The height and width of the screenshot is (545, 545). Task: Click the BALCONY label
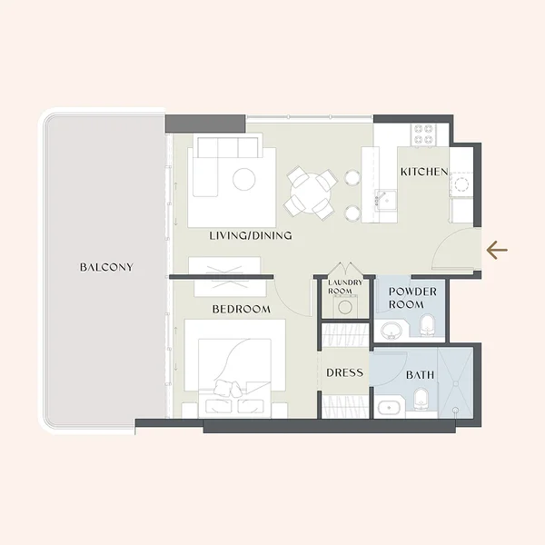[x=106, y=267]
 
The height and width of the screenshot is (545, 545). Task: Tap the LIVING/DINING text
[x=251, y=235]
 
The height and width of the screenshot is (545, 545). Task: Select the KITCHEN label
[x=424, y=172]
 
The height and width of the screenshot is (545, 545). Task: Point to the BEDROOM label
[x=242, y=309]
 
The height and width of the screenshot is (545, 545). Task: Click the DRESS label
[x=344, y=372]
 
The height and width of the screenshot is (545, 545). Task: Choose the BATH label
[x=421, y=374]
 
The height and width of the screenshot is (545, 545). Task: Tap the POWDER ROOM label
[x=412, y=298]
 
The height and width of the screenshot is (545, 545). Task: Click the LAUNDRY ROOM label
[x=345, y=287]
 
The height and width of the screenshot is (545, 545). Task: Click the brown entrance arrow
[x=497, y=250]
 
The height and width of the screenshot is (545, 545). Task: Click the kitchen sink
[x=385, y=201]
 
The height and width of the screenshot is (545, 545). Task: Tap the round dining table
[x=311, y=193]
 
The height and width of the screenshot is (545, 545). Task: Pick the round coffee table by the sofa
[x=244, y=179]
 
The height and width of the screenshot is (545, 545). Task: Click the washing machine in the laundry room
[x=345, y=306]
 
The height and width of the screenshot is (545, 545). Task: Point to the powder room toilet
[x=427, y=325]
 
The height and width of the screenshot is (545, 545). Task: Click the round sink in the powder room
[x=391, y=330]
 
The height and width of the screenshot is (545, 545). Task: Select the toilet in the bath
[x=421, y=400]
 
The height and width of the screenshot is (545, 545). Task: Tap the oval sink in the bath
[x=389, y=407]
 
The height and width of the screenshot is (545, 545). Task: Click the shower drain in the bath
[x=455, y=411]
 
